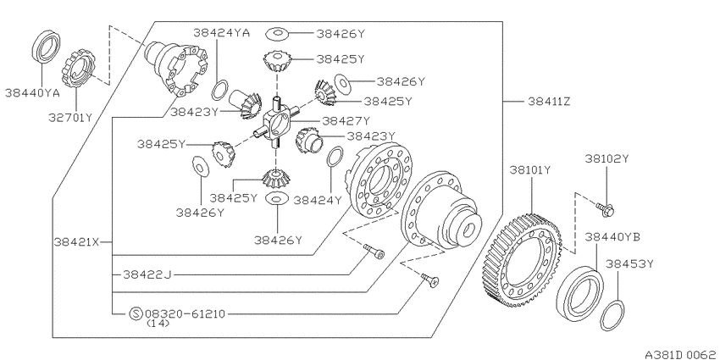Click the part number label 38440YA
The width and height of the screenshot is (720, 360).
[32, 93]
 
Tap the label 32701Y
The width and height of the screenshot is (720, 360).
[70, 118]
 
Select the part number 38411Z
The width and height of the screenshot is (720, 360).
[549, 102]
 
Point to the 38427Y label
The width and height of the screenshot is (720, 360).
[346, 121]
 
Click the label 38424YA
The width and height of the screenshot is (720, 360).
[221, 32]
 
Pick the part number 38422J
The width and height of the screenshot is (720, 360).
[147, 274]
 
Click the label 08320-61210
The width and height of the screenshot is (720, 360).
[185, 314]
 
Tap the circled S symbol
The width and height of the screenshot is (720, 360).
[136, 314]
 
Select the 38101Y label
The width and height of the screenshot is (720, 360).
[530, 170]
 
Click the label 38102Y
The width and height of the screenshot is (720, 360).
[606, 159]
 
